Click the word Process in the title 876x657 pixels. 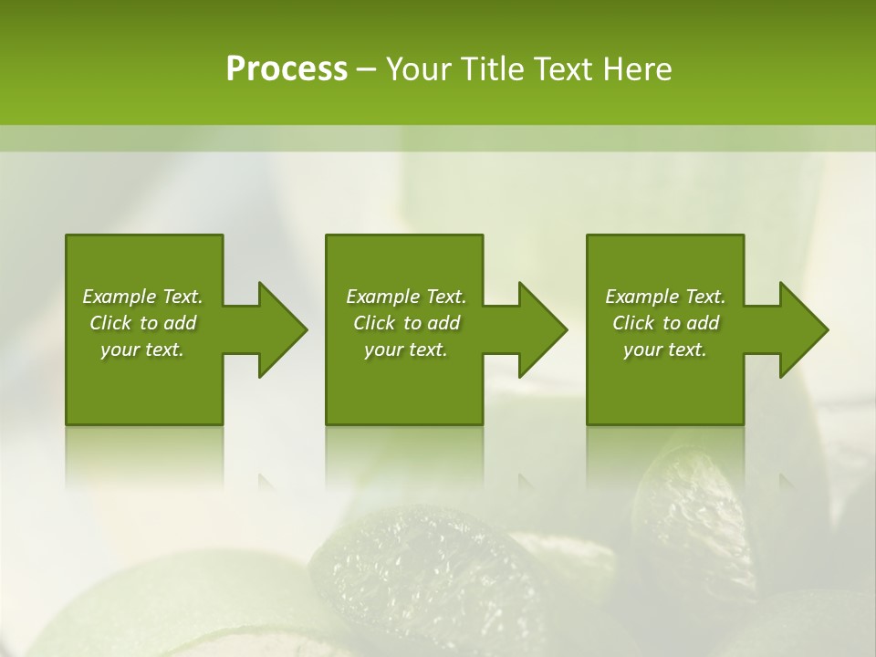pos(287,69)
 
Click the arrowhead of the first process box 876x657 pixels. pos(282,329)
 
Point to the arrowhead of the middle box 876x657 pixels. pos(543,329)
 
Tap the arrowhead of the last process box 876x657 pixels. pos(804,329)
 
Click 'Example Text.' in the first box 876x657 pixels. pos(142,297)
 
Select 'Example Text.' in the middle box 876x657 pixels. pos(406,297)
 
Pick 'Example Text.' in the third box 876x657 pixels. pos(665,297)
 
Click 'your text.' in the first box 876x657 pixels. pos(142,349)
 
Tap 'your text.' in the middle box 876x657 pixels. pos(406,349)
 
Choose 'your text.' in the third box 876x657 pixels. pos(665,349)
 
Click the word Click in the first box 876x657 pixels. pos(110,323)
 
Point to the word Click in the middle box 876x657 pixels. pos(374,323)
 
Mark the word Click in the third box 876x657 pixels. pos(633,323)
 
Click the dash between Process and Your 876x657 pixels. pos(367,69)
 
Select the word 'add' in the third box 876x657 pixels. pos(703,323)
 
